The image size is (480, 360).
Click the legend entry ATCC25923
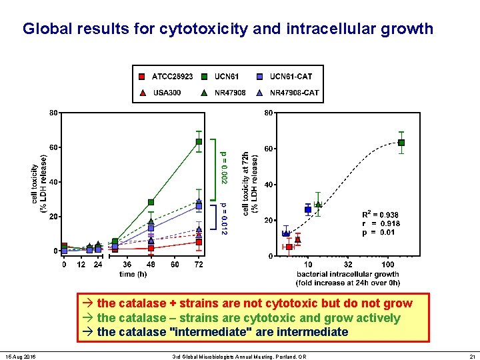(167, 76)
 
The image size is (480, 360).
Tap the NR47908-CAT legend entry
(288, 93)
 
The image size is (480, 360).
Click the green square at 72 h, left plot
(199, 141)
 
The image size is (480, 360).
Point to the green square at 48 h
(151, 202)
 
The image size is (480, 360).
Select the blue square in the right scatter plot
(308, 209)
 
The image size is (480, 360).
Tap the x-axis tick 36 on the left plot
(127, 265)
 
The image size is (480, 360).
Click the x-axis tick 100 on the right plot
(387, 265)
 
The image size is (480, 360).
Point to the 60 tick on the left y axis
(53, 147)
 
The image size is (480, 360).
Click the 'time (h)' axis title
(133, 274)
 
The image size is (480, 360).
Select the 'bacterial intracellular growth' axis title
(348, 274)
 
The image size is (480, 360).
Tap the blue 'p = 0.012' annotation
(225, 219)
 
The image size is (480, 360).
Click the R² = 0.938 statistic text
(381, 215)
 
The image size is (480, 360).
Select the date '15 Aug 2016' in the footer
(23, 352)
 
